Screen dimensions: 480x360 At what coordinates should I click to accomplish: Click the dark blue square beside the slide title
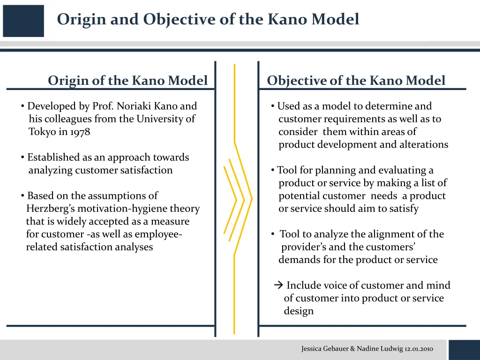(23, 21)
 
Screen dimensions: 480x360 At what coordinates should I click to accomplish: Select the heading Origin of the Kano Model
(127, 81)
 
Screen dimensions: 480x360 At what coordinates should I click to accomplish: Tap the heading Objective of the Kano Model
(356, 81)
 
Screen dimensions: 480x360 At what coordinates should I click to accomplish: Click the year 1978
(80, 132)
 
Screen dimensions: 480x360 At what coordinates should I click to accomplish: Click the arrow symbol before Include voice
(278, 285)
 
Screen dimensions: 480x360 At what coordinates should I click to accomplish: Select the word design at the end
(299, 311)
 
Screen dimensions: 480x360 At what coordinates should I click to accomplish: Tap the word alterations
(427, 144)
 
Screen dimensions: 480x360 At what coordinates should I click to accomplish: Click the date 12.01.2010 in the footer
(419, 349)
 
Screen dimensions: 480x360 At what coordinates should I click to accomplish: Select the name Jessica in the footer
(312, 349)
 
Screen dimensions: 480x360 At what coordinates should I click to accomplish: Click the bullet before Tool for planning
(273, 170)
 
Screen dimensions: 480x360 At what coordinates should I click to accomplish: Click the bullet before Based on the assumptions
(22, 195)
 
